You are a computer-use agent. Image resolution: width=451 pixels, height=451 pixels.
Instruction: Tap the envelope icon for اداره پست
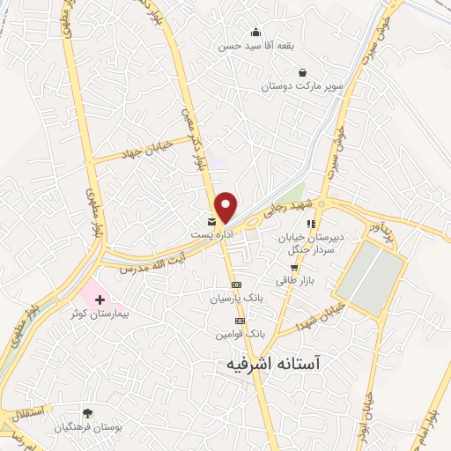211,221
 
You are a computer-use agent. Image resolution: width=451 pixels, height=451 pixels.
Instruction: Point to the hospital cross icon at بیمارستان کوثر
100,300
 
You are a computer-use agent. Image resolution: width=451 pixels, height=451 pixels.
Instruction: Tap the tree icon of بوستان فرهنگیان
86,412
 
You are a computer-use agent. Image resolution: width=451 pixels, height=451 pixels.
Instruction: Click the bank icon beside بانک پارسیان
236,285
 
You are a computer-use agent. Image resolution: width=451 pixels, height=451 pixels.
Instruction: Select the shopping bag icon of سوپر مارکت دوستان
303,72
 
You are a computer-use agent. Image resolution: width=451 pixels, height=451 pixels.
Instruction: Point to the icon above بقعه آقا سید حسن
256,33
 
